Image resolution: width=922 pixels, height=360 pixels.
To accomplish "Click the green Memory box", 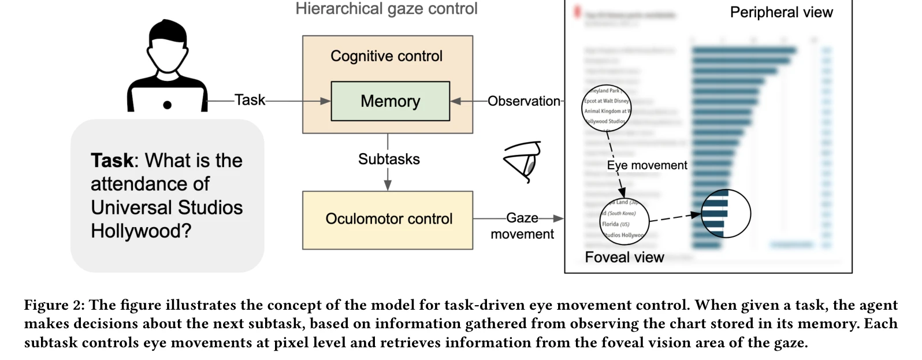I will pyautogui.click(x=390, y=101).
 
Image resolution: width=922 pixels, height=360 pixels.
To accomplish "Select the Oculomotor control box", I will pyautogui.click(x=388, y=220).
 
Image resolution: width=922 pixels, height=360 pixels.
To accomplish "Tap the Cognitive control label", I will pyautogui.click(x=386, y=56).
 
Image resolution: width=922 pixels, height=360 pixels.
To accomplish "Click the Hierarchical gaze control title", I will pyautogui.click(x=386, y=9).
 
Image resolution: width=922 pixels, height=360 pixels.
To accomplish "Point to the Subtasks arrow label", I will pyautogui.click(x=389, y=159).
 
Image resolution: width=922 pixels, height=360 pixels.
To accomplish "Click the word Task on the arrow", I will pyautogui.click(x=250, y=100).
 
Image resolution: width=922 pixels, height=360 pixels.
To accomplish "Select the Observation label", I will pyautogui.click(x=523, y=101).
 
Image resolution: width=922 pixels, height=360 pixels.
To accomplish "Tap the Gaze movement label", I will pyautogui.click(x=522, y=226).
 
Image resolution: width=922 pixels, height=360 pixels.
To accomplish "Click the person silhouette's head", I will pyautogui.click(x=167, y=46).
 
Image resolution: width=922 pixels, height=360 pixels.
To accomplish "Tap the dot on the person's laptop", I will pyautogui.click(x=168, y=105).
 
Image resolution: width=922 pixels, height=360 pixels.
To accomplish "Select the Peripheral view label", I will pyautogui.click(x=781, y=12).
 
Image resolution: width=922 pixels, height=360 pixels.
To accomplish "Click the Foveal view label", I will pyautogui.click(x=624, y=257).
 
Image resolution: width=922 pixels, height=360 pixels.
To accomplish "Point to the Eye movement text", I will pyautogui.click(x=647, y=165).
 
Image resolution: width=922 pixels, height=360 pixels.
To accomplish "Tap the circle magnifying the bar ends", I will pyautogui.click(x=726, y=214).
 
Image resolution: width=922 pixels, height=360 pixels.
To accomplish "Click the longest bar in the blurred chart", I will pyautogui.click(x=744, y=50).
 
